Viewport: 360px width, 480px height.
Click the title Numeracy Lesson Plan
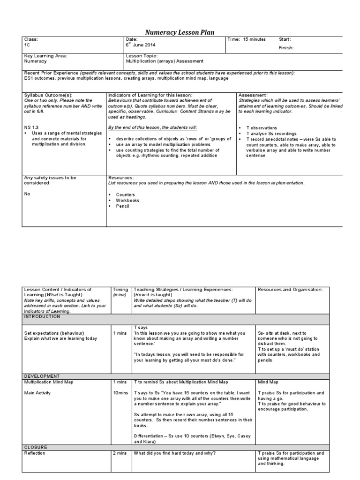click(180, 32)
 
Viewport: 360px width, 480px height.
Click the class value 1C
click(27, 45)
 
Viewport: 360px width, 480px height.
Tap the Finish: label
click(288, 48)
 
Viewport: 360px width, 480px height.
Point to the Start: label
click(285, 39)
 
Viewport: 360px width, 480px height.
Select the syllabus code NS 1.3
click(32, 127)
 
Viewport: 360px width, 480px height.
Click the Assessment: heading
click(253, 95)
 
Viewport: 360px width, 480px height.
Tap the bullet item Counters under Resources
click(125, 194)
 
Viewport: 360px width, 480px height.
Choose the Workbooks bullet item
click(127, 200)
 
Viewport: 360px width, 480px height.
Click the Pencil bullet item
click(123, 206)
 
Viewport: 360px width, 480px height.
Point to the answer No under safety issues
click(27, 193)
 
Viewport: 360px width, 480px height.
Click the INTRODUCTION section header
click(42, 316)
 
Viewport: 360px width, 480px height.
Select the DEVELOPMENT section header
click(42, 376)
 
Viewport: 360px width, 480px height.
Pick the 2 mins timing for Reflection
click(119, 453)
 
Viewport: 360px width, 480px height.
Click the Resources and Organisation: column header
click(290, 290)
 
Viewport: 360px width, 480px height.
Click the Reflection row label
click(35, 453)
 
